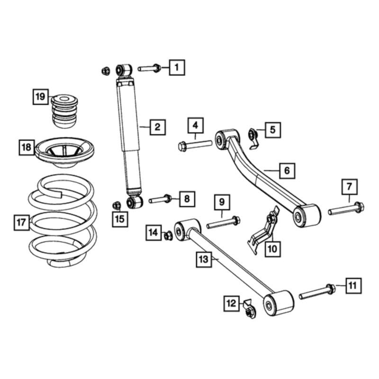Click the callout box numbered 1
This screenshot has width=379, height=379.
(176, 68)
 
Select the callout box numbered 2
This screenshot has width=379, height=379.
(157, 126)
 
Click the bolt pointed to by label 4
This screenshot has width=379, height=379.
(194, 145)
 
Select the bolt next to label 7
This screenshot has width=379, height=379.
(346, 208)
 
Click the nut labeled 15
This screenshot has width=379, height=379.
(116, 205)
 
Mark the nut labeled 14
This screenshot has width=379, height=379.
(167, 235)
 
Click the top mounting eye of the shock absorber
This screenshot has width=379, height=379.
(125, 70)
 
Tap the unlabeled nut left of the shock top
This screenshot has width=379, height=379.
(105, 71)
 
